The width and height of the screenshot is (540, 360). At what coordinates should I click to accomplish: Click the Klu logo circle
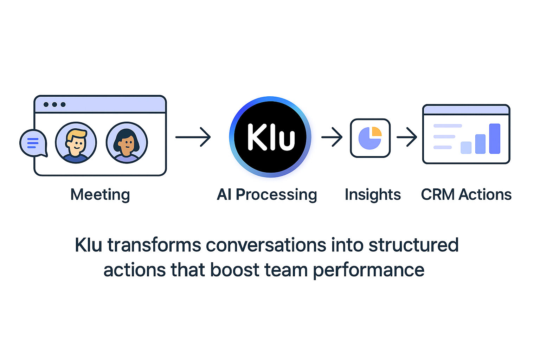pyautogui.click(x=270, y=137)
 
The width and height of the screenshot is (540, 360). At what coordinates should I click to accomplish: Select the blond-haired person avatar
pyautogui.click(x=76, y=143)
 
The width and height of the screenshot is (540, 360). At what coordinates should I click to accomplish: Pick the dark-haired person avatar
pyautogui.click(x=127, y=143)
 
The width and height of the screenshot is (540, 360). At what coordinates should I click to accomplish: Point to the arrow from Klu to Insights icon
pyautogui.click(x=332, y=137)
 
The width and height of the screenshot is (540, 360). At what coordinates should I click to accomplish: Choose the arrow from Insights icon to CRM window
pyautogui.click(x=407, y=137)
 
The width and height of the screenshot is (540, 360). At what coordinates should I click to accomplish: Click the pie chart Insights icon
pyautogui.click(x=370, y=138)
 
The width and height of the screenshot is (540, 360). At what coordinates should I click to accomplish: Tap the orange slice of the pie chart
pyautogui.click(x=377, y=131)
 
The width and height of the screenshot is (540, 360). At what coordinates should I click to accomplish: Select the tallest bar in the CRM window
pyautogui.click(x=495, y=139)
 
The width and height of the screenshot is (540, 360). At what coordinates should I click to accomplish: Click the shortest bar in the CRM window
pyautogui.click(x=466, y=148)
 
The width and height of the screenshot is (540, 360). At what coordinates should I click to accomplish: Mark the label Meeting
pyautogui.click(x=100, y=194)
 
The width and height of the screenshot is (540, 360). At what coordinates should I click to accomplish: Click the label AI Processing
pyautogui.click(x=267, y=194)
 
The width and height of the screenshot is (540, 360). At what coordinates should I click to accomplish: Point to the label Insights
pyautogui.click(x=373, y=194)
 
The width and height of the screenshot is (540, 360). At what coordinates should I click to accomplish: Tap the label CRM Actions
pyautogui.click(x=466, y=194)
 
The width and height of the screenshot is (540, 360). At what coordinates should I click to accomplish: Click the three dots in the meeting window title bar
pyautogui.click(x=54, y=104)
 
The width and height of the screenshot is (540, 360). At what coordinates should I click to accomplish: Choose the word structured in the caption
pyautogui.click(x=413, y=245)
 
